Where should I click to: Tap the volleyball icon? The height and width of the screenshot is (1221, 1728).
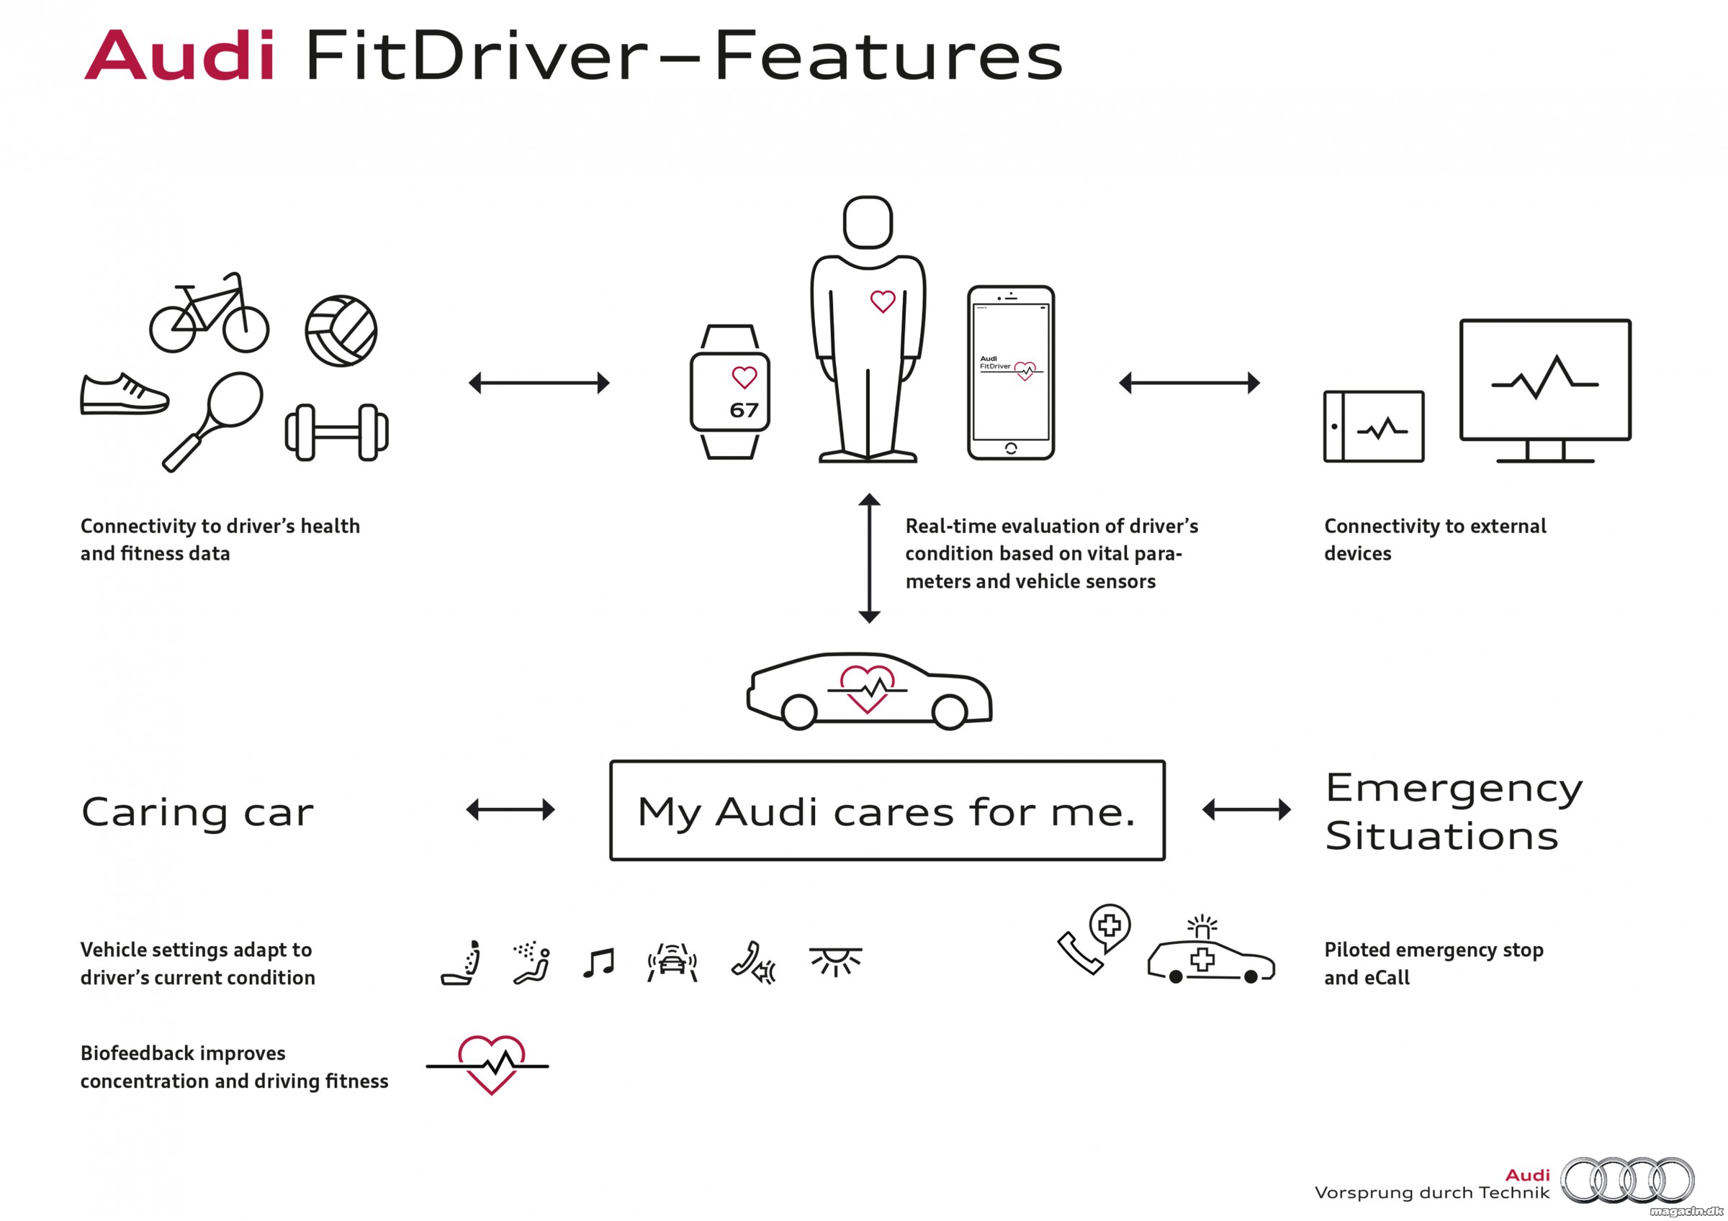(341, 331)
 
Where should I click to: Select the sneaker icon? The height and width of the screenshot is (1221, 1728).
(123, 394)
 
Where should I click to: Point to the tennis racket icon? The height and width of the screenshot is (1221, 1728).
(214, 422)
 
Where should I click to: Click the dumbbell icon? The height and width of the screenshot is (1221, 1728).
(336, 432)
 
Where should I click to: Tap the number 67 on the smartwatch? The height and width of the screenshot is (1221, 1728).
(744, 410)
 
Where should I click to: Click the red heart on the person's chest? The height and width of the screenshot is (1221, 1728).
(883, 301)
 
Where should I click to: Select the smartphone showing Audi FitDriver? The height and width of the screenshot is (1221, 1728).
(1011, 373)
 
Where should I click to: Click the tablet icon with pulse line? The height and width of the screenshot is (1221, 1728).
(1374, 427)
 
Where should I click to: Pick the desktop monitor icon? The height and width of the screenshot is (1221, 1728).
(1545, 391)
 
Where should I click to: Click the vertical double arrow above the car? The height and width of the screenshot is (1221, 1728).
(869, 558)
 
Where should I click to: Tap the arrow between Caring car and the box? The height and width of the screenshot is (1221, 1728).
(510, 810)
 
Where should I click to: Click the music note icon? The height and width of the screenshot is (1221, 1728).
(599, 963)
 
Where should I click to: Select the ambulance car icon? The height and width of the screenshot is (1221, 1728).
(1210, 951)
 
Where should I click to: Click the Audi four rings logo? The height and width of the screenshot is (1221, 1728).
(1627, 1179)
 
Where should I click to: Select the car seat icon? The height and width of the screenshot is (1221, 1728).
(461, 962)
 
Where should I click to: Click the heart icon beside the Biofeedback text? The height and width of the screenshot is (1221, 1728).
(487, 1066)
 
